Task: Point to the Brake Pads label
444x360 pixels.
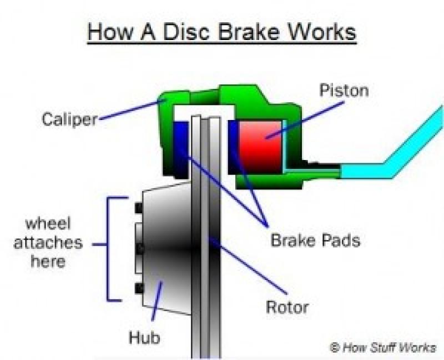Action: pos(315,240)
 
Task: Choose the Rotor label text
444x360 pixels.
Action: pos(286,306)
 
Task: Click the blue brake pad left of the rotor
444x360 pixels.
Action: pos(181,146)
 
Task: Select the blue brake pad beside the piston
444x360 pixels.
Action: pos(234,146)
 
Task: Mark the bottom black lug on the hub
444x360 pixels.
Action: pos(139,288)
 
